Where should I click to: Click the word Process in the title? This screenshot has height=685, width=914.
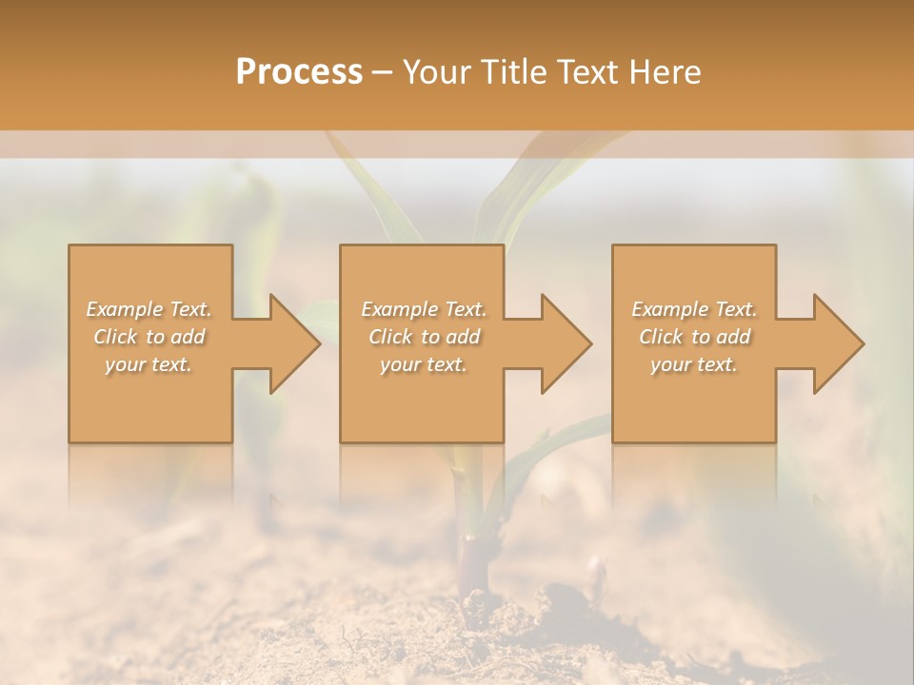299,72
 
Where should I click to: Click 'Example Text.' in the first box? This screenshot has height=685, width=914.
149,309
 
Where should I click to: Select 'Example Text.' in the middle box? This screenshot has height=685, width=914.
423,309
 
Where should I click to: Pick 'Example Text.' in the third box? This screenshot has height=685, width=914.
694,309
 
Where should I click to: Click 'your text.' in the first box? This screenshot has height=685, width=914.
149,364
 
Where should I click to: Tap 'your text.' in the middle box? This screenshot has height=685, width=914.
423,364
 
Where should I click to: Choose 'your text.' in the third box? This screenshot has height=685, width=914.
694,364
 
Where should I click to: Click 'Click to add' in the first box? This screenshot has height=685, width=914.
149,337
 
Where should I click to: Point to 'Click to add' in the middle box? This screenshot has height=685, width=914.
423,337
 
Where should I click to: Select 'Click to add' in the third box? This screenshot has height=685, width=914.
694,337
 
